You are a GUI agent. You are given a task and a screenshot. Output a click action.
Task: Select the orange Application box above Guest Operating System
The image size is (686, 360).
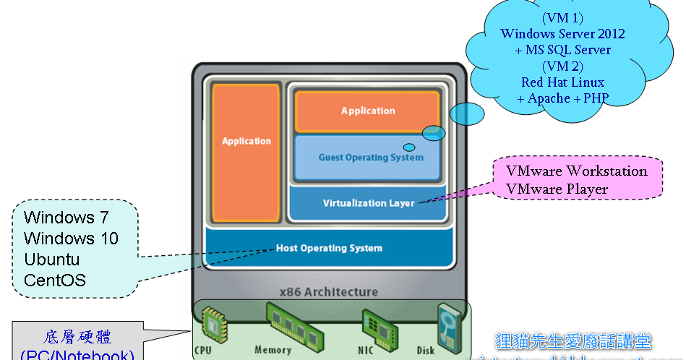pyautogui.click(x=368, y=111)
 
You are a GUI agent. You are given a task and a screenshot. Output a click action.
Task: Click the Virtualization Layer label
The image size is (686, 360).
pyautogui.click(x=369, y=203)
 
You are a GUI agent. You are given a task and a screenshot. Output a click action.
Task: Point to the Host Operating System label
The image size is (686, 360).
pyautogui.click(x=329, y=248)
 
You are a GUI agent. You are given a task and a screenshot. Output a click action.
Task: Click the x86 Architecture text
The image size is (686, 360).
pyautogui.click(x=329, y=292)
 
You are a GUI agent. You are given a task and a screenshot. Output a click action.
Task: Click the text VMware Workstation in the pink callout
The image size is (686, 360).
pyautogui.click(x=576, y=171)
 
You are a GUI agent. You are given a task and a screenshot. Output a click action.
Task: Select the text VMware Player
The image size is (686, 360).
pyautogui.click(x=557, y=189)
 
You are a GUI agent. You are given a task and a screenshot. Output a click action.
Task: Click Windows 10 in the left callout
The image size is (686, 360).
pyautogui.click(x=70, y=239)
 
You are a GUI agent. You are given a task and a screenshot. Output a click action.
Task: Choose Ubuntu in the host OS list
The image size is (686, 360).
pyautogui.click(x=51, y=260)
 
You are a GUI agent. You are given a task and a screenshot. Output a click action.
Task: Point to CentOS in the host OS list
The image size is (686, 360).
pyautogui.click(x=54, y=280)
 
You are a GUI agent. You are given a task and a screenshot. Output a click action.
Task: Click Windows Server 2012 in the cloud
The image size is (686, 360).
pyautogui.click(x=562, y=33)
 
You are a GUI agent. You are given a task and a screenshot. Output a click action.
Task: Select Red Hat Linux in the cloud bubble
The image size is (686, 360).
pyautogui.click(x=562, y=82)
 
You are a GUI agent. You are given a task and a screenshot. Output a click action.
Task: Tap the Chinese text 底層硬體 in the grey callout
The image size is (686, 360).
pyautogui.click(x=77, y=337)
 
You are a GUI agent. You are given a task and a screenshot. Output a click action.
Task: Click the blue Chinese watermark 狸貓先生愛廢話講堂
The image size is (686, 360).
pyautogui.click(x=573, y=340)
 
